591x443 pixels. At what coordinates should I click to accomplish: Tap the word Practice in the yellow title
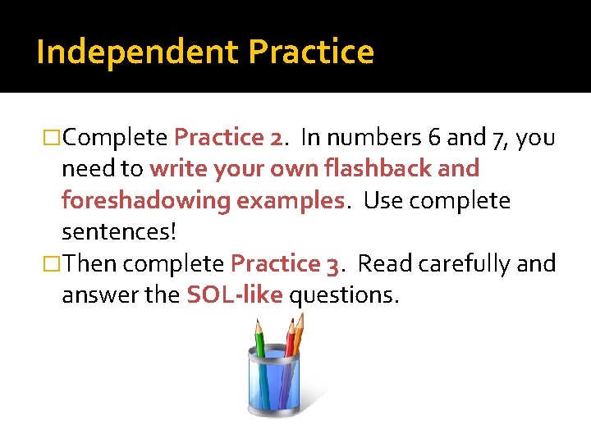(311, 53)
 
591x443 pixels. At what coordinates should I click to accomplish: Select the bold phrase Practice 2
(228, 137)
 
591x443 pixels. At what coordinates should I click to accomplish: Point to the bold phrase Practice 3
(285, 264)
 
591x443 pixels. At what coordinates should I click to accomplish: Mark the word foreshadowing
(145, 201)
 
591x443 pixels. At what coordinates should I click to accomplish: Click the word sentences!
(119, 232)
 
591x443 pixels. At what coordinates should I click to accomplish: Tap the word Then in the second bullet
(90, 264)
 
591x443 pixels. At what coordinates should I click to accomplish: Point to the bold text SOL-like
(234, 295)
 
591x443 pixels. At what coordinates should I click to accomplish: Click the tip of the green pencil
(257, 323)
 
